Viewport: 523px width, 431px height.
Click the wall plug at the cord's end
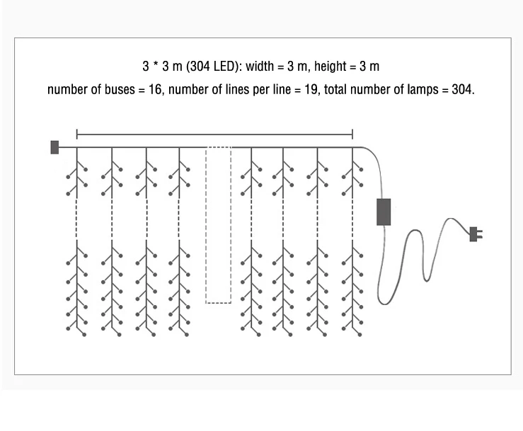click(476, 234)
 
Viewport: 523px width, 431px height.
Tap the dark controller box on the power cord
click(384, 212)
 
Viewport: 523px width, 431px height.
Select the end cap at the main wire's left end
click(54, 147)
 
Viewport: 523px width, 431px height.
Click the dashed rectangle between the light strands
click(218, 225)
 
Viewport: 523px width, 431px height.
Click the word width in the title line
click(260, 66)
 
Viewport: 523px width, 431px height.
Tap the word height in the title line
click(331, 66)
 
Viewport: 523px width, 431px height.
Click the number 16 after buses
click(155, 89)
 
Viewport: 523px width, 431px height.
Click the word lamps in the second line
click(423, 90)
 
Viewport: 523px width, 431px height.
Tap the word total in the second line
click(335, 89)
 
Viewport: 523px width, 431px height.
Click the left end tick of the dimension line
click(77, 134)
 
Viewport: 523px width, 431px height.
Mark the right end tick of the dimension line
click(352, 134)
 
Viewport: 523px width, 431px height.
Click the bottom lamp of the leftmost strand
click(84, 335)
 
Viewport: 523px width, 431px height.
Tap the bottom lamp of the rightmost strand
click(360, 335)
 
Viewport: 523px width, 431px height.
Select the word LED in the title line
click(225, 66)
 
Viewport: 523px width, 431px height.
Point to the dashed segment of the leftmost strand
click(77, 219)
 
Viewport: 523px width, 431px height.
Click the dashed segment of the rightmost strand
click(352, 219)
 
